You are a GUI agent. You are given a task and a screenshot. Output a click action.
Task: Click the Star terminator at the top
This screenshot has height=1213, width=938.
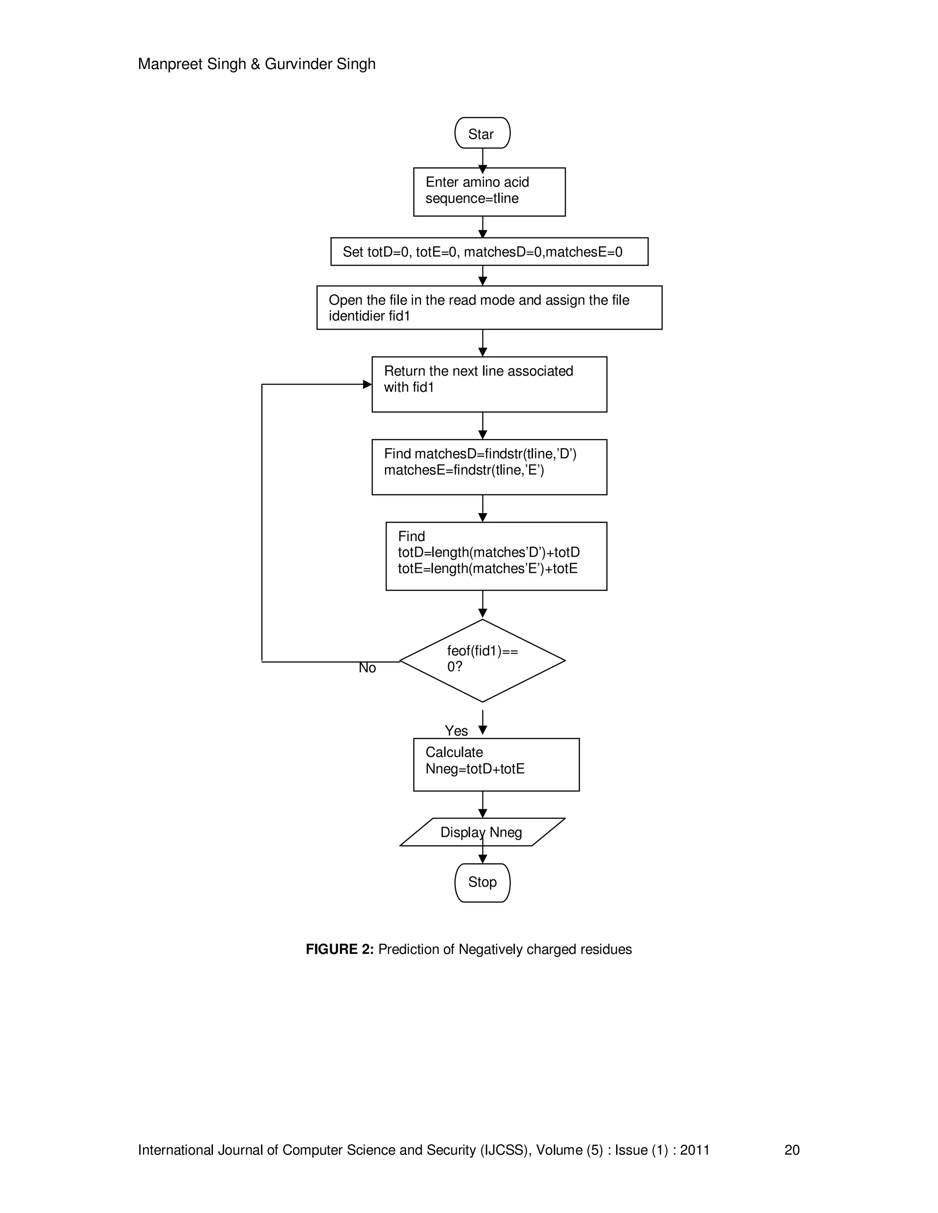pyautogui.click(x=482, y=133)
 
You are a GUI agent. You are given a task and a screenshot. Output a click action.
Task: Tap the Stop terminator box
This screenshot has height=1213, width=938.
pyautogui.click(x=482, y=882)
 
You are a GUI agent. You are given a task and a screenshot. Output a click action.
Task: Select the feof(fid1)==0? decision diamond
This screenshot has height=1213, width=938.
pyautogui.click(x=482, y=661)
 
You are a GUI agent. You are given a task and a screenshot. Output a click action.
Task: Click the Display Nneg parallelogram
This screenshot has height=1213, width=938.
pyautogui.click(x=482, y=832)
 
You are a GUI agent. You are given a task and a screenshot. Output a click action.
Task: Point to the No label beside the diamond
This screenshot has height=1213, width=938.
pyautogui.click(x=367, y=668)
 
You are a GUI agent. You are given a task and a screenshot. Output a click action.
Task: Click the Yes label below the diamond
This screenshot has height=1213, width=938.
pyautogui.click(x=456, y=731)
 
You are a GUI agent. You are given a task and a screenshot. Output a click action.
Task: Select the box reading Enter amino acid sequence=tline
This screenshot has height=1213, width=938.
pyautogui.click(x=489, y=192)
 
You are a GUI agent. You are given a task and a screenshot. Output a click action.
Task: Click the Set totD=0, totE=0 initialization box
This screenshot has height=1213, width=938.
pyautogui.click(x=489, y=252)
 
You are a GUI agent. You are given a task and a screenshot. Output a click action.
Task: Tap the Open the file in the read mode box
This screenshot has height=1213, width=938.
pyautogui.click(x=489, y=308)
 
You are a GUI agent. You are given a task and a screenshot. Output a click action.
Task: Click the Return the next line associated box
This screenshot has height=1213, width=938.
pyautogui.click(x=489, y=384)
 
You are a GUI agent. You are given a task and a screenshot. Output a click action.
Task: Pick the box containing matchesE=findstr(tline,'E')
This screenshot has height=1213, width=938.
pyautogui.click(x=489, y=467)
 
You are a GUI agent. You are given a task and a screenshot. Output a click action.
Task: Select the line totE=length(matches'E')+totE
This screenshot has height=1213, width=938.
pyautogui.click(x=487, y=569)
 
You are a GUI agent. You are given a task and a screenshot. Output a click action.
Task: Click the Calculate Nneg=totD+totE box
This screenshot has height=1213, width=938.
pyautogui.click(x=496, y=765)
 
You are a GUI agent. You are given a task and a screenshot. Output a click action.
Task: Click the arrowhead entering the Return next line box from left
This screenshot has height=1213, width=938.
pyautogui.click(x=367, y=384)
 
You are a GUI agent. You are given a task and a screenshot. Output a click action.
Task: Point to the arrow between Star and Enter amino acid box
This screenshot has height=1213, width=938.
pyautogui.click(x=482, y=158)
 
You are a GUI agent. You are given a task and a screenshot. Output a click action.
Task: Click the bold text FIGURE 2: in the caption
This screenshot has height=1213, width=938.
pyautogui.click(x=339, y=949)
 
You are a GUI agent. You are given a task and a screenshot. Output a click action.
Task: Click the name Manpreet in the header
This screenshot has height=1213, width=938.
pyautogui.click(x=170, y=65)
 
